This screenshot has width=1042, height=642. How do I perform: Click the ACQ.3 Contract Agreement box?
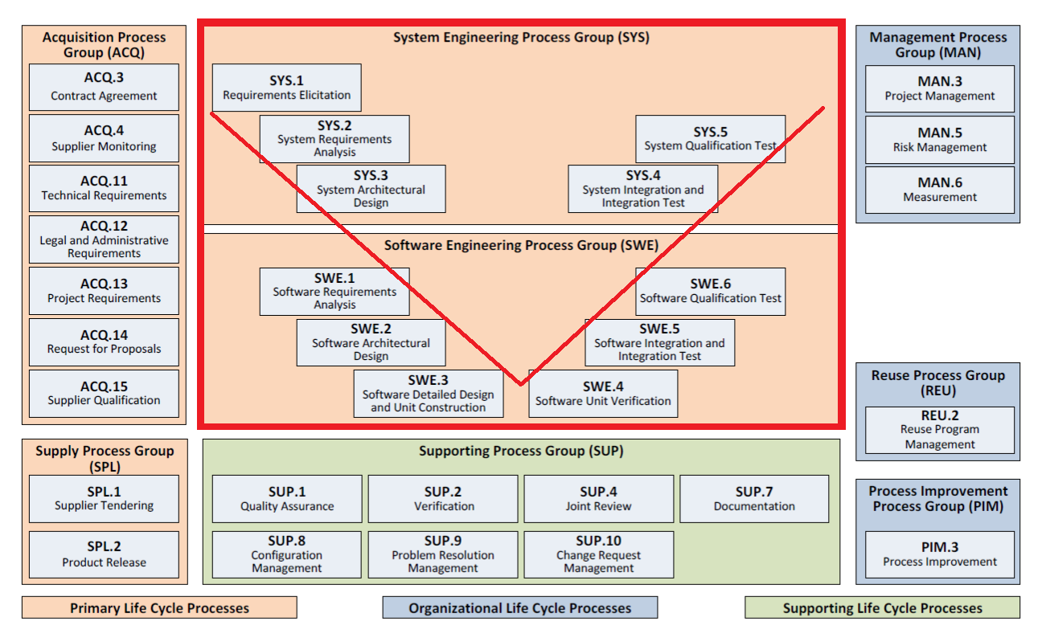(x=104, y=88)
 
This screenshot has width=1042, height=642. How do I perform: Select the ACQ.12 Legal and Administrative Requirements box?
(x=104, y=239)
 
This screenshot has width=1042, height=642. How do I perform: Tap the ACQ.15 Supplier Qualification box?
(x=104, y=393)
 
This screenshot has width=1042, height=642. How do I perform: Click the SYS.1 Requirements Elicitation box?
(x=286, y=88)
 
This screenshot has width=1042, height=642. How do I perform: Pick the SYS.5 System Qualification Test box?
(x=710, y=139)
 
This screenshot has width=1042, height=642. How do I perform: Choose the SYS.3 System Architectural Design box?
(x=371, y=189)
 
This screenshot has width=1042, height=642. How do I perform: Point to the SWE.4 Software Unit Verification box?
(x=603, y=393)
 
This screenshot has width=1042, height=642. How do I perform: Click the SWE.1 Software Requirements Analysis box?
(x=334, y=291)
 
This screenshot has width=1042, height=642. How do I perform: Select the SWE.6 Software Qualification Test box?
(x=710, y=291)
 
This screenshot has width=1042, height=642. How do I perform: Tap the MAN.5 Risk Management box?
(x=939, y=140)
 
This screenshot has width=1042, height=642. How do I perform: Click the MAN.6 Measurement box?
(x=939, y=190)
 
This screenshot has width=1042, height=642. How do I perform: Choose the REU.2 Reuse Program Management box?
(x=939, y=430)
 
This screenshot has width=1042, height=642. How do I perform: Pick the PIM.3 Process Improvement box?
(x=939, y=554)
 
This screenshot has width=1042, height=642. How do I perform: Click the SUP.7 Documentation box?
(x=754, y=499)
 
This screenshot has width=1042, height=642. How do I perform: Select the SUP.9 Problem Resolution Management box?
(x=443, y=554)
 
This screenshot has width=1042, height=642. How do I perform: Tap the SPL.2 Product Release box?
(x=104, y=554)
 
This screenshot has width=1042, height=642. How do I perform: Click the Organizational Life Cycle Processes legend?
(x=519, y=607)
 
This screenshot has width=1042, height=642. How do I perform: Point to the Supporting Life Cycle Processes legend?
(x=882, y=607)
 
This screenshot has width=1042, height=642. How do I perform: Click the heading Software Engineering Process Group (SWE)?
(x=521, y=246)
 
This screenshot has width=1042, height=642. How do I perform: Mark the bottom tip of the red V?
(x=520, y=384)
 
